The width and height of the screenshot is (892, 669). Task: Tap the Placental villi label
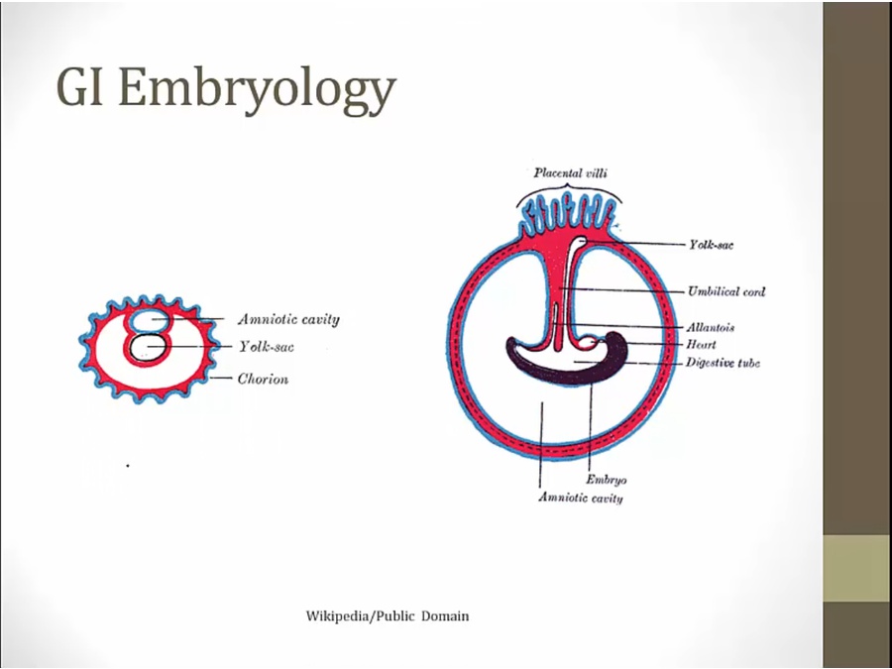(x=570, y=172)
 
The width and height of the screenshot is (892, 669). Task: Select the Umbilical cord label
(x=726, y=291)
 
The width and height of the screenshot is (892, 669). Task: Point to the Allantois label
(x=710, y=327)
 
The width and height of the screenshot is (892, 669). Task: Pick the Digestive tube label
(x=723, y=363)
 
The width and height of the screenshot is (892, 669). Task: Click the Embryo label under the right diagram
(x=606, y=479)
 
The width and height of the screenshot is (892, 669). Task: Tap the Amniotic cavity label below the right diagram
(x=581, y=498)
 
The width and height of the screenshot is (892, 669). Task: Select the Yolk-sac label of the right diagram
(x=712, y=243)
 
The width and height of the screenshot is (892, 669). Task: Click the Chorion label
(x=263, y=379)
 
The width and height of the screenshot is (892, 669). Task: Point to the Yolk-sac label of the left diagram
(x=266, y=347)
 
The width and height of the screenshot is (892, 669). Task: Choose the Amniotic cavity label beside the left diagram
(x=288, y=319)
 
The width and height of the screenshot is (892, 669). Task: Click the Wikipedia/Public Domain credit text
(x=388, y=616)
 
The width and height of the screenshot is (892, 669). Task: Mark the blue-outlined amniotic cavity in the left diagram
(x=150, y=319)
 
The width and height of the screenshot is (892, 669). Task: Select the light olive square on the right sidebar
(x=856, y=568)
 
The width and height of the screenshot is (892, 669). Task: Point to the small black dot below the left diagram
(x=128, y=464)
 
